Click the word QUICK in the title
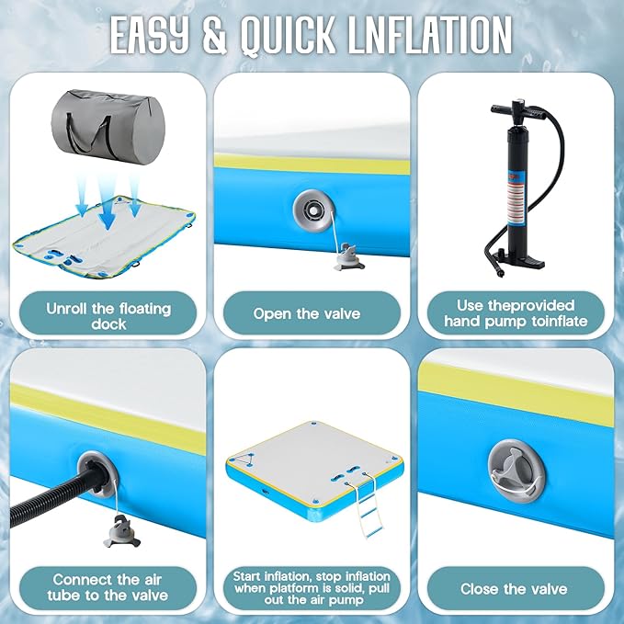coord(288,34)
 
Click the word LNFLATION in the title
coord(429,34)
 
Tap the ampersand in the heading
coord(215,34)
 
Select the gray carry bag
coord(108,127)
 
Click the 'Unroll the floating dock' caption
coord(108,316)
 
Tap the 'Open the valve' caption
coord(307,313)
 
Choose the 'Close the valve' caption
coord(514,589)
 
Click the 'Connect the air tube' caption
coord(108,587)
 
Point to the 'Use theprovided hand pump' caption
coord(516,313)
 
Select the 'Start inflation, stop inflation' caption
coord(312,588)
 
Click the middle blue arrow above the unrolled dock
coord(108,203)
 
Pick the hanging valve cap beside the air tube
coord(122,531)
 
